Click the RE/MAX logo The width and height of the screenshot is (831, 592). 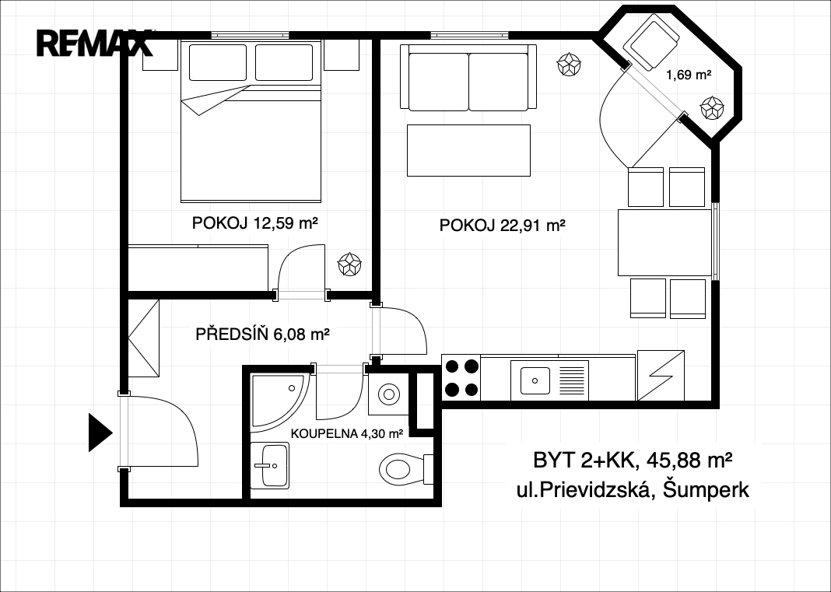tap(94, 43)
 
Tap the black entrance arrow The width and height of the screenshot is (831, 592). tap(100, 433)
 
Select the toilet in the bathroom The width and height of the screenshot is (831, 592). tap(406, 468)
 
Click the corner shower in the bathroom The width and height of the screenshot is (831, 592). tap(279, 401)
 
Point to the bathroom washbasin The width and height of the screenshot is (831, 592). tap(270, 465)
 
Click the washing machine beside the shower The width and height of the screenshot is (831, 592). tap(388, 394)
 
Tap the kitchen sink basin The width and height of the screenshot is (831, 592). tap(535, 380)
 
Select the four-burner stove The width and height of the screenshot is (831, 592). tap(461, 377)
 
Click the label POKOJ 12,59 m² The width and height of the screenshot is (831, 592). tap(255, 223)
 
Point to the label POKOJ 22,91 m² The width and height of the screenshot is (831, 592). tap(502, 226)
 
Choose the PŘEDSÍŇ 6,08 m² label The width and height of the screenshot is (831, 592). tap(263, 335)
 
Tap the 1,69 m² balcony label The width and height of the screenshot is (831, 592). tap(689, 75)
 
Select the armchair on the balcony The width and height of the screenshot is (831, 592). tap(651, 42)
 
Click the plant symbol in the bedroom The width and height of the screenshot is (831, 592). tap(350, 264)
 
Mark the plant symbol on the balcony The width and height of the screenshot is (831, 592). tap(712, 108)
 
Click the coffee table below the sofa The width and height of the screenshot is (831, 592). tap(468, 150)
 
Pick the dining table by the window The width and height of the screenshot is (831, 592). tap(664, 242)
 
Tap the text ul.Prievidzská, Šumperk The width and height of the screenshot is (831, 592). tap(633, 490)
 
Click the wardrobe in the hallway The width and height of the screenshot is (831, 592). tap(144, 338)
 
